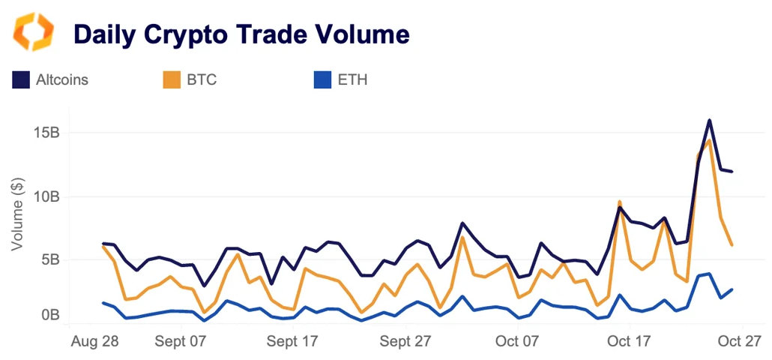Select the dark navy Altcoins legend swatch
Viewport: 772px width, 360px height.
pyautogui.click(x=21, y=79)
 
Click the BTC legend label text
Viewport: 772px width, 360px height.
pyautogui.click(x=201, y=79)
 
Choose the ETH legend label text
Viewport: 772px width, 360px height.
pyautogui.click(x=353, y=79)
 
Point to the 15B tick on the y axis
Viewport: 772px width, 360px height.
pyautogui.click(x=46, y=133)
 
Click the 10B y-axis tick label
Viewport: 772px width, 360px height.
pyautogui.click(x=46, y=196)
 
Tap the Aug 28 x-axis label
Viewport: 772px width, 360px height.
pyautogui.click(x=94, y=341)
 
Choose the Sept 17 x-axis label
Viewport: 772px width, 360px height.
pyautogui.click(x=293, y=341)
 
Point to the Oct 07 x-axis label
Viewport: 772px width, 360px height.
pyautogui.click(x=518, y=341)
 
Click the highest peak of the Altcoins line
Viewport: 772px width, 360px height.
pyautogui.click(x=709, y=120)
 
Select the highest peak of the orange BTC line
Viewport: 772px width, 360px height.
pyautogui.click(x=709, y=140)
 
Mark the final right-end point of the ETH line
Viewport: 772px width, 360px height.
pyautogui.click(x=732, y=289)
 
